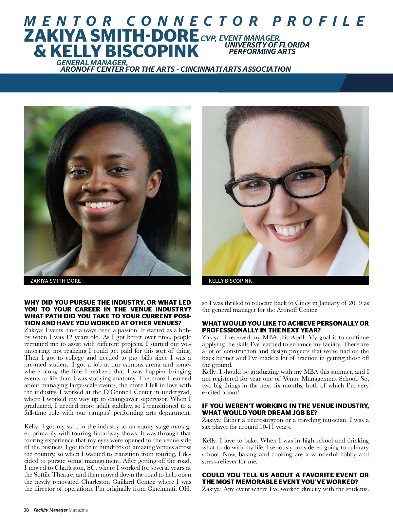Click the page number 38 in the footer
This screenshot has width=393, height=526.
26,510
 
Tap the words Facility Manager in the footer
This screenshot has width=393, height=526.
50,510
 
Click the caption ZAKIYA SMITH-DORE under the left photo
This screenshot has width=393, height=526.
55,281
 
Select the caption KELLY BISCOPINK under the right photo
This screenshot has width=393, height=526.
230,281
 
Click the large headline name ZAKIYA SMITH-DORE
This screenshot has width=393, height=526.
111,36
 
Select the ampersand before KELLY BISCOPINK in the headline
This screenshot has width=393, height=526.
41,51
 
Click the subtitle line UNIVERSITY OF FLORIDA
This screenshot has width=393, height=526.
267,45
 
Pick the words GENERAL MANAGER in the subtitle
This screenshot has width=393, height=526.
92,62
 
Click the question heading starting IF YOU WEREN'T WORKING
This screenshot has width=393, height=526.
285,409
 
